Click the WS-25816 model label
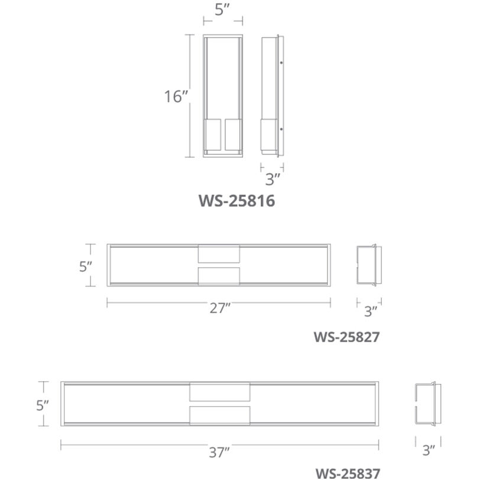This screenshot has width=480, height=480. click(x=236, y=201)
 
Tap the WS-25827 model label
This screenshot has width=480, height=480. click(x=346, y=338)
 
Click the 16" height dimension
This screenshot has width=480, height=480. click(x=176, y=97)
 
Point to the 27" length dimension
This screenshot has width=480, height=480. click(x=219, y=308)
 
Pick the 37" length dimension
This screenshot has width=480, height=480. click(x=219, y=452)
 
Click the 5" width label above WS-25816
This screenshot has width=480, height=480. click(x=222, y=10)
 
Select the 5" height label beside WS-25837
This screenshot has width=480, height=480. click(x=41, y=406)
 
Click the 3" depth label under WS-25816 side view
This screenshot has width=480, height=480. click(x=272, y=178)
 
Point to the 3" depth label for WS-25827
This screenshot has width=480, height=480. click(x=370, y=310)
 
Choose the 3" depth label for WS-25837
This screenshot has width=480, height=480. click(x=429, y=450)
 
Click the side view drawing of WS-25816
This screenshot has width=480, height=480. click(x=272, y=96)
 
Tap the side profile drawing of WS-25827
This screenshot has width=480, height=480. click(x=369, y=265)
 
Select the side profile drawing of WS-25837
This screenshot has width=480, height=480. click(x=426, y=404)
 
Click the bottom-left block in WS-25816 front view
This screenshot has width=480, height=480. click(x=213, y=135)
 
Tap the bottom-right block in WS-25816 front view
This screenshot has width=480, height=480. click(x=232, y=135)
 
